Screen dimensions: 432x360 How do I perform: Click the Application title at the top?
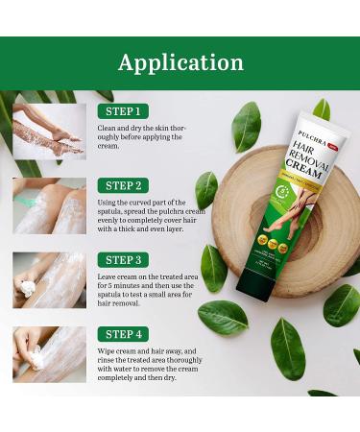tap(180, 63)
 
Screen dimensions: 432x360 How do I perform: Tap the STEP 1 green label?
tap(123, 111)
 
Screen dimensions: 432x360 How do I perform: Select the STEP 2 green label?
tap(123, 185)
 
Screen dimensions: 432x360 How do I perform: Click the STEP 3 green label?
tap(123, 260)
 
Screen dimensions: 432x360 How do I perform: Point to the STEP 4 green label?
tap(123, 335)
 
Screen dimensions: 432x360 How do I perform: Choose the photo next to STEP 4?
tap(49, 355)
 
